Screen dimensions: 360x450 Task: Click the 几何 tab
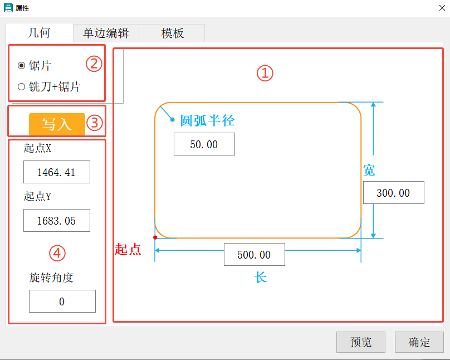tap(39, 33)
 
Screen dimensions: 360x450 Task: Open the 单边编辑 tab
tap(106, 33)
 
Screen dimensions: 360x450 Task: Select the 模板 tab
tap(172, 33)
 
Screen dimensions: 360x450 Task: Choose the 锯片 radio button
tap(22, 66)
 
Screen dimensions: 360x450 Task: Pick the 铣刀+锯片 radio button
tap(22, 86)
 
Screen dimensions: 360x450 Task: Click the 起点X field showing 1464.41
tap(56, 172)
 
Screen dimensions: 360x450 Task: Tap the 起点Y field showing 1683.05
tap(56, 221)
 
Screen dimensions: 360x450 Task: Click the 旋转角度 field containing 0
tap(62, 301)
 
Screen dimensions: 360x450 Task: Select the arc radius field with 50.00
tap(204, 144)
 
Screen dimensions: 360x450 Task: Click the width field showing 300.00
tap(393, 193)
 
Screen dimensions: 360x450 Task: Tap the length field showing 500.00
tap(254, 255)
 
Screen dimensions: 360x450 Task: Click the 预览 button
tap(360, 342)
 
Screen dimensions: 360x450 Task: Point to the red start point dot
tap(155, 238)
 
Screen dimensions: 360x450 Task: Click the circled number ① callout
tap(265, 73)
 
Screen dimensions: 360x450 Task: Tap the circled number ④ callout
tap(57, 254)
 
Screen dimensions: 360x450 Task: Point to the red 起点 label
tap(128, 250)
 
